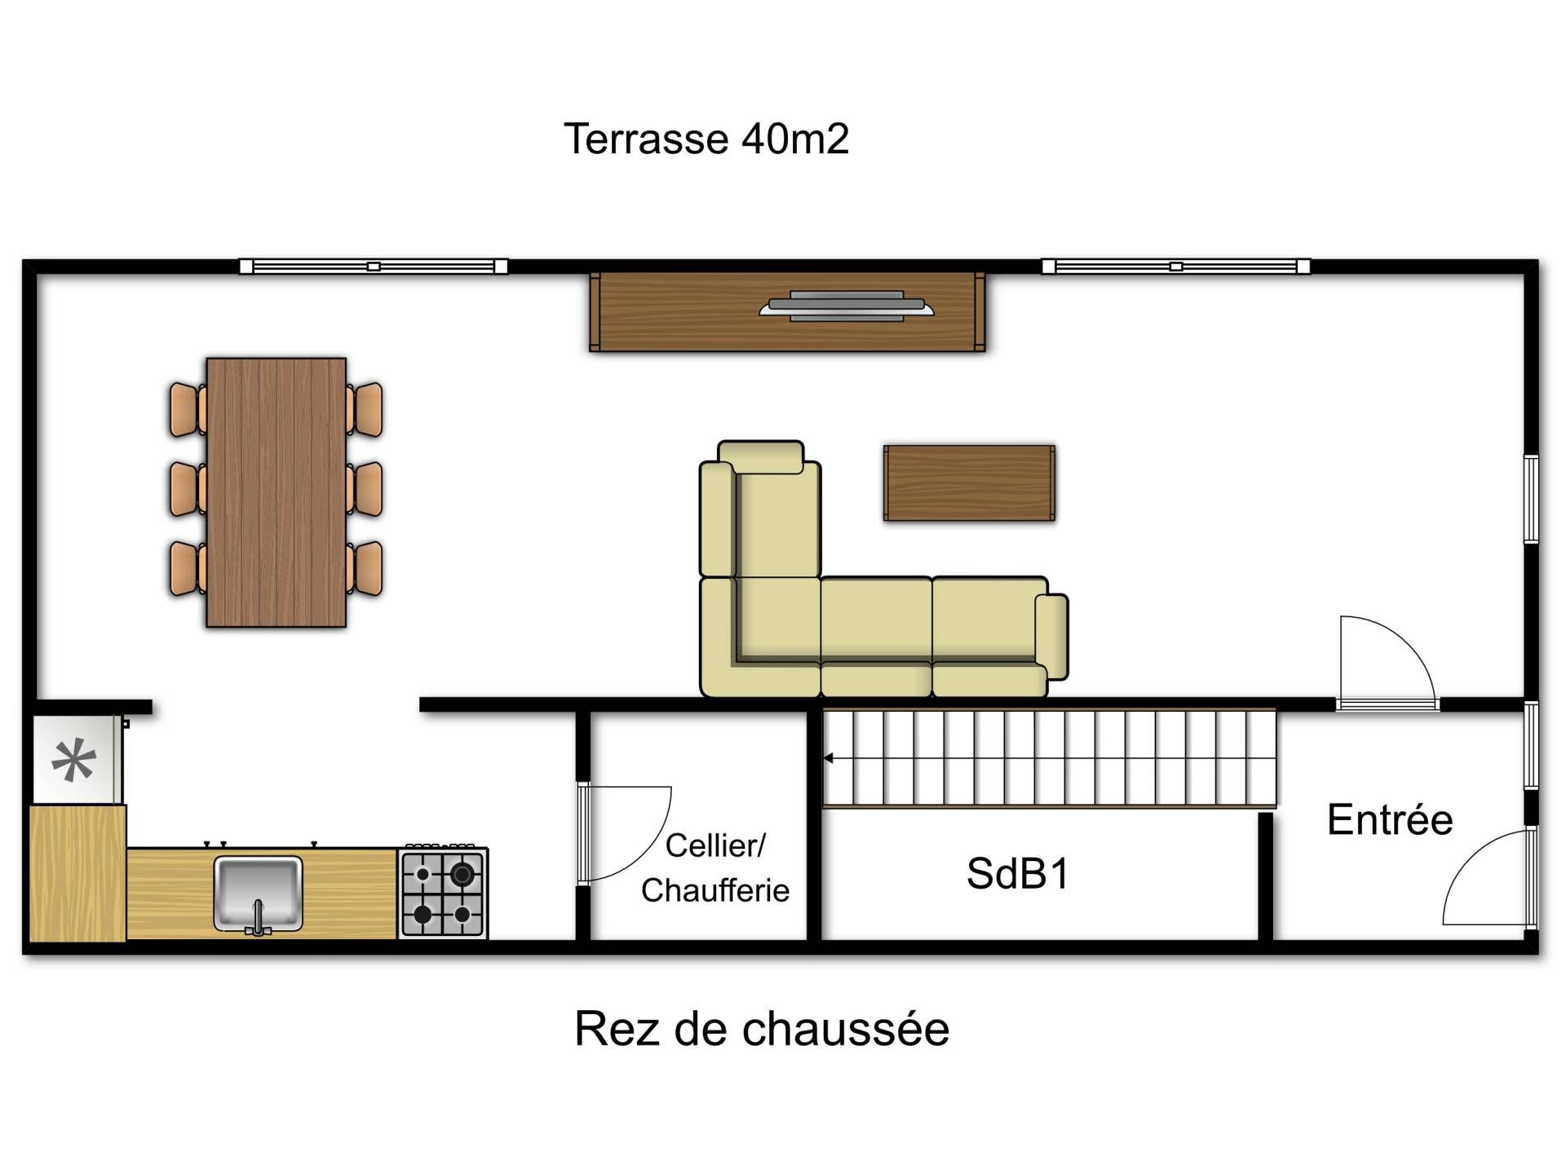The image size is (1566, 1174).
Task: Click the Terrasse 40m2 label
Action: [706, 139]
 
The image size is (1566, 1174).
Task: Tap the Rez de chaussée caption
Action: [762, 1028]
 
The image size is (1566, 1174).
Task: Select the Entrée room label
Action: [1390, 819]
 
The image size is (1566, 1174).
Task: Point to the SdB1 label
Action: [1017, 873]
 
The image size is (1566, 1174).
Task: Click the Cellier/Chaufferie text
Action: [715, 867]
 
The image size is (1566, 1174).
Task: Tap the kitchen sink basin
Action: [259, 894]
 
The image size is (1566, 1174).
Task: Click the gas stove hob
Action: [443, 894]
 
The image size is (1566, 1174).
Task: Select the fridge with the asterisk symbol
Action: [76, 760]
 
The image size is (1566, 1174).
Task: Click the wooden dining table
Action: [276, 492]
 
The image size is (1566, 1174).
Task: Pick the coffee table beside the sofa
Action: [970, 483]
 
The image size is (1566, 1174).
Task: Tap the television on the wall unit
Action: [847, 307]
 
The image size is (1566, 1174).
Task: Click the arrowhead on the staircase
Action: [829, 758]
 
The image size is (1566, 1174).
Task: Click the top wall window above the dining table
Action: [374, 267]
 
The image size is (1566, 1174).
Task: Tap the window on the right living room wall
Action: [1531, 499]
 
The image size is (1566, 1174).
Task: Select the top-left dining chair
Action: [188, 410]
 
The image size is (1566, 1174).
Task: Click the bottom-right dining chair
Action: [365, 568]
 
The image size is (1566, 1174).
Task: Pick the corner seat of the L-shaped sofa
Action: [779, 620]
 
